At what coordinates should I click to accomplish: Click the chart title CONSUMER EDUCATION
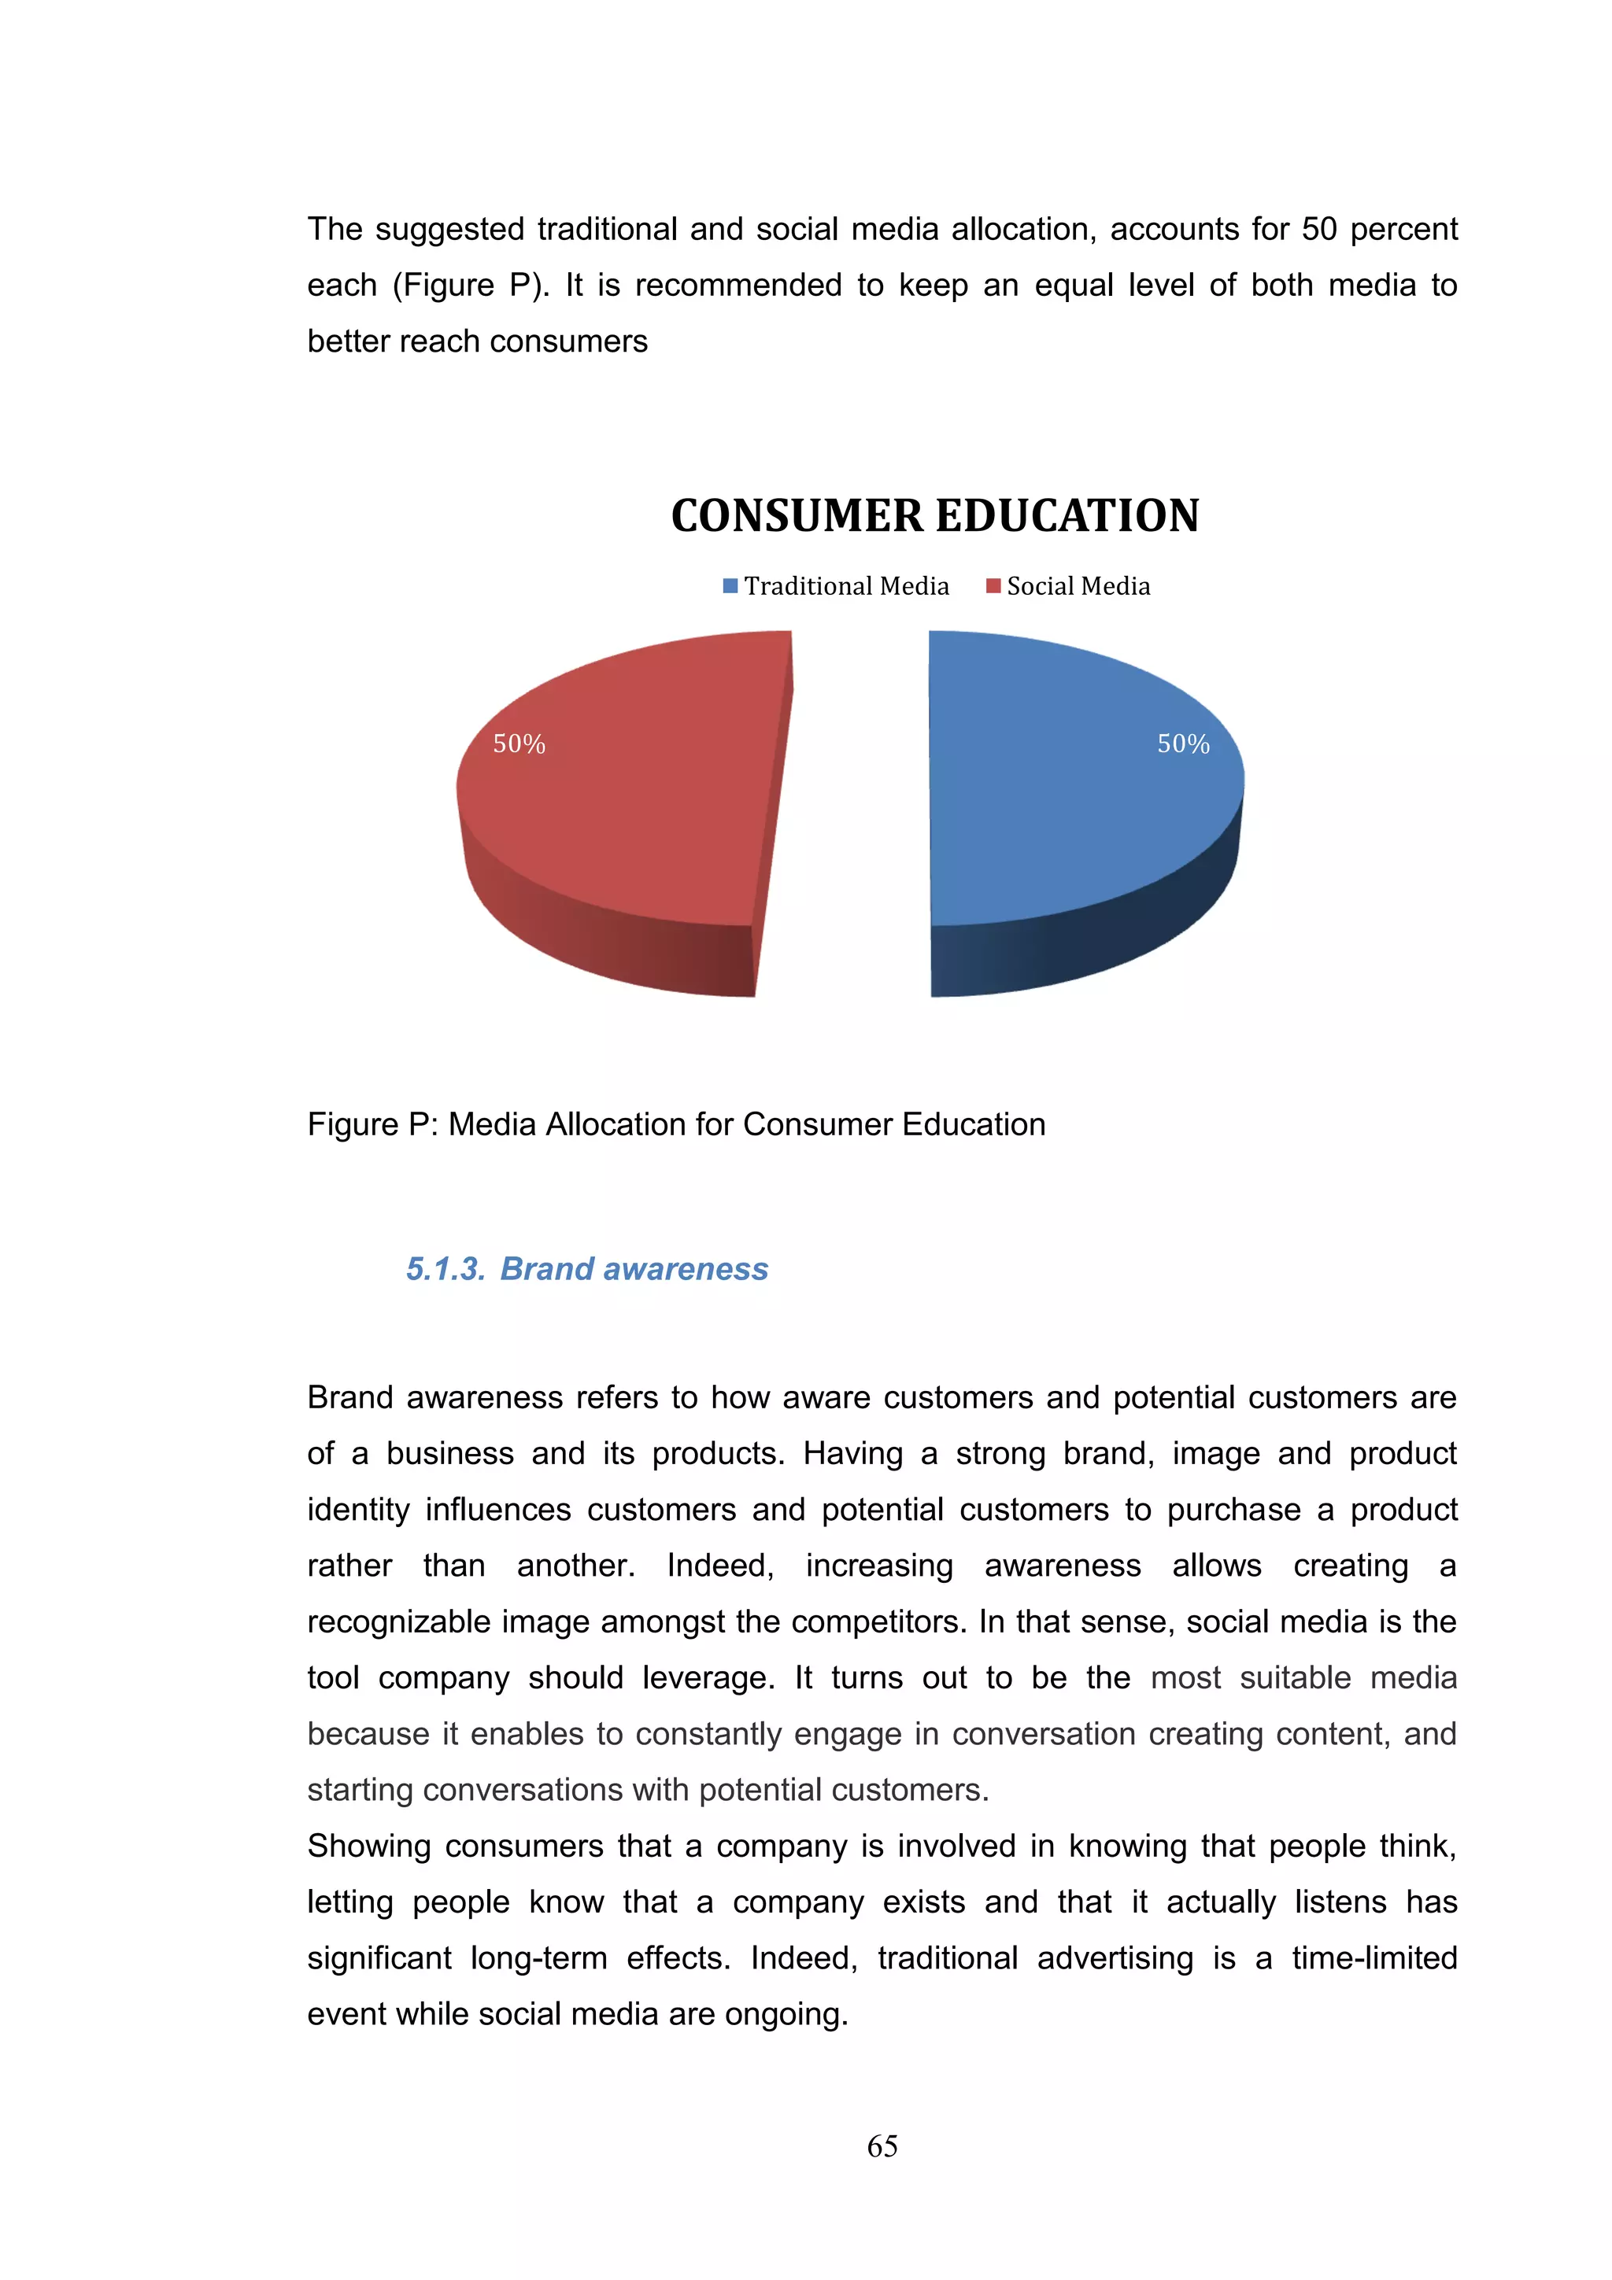[934, 515]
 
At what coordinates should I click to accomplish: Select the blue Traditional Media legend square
[730, 586]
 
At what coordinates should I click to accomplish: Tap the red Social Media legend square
[993, 586]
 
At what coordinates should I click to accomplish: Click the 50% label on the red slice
[519, 743]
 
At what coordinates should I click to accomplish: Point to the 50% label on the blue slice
[1183, 743]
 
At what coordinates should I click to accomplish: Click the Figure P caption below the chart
[675, 1124]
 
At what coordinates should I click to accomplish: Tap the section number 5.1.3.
[445, 1269]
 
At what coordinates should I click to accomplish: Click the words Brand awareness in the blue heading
[634, 1269]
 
